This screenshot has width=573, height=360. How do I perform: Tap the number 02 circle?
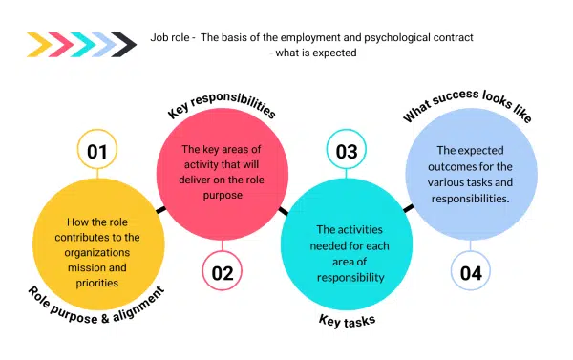223,273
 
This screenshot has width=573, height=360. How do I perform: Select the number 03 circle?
348,152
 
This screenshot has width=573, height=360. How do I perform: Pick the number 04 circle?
470,273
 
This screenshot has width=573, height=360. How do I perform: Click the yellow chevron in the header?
41,44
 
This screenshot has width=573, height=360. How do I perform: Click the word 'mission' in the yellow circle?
76,256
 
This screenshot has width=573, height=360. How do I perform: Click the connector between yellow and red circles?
159,207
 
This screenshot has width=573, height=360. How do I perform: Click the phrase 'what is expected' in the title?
316,53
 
